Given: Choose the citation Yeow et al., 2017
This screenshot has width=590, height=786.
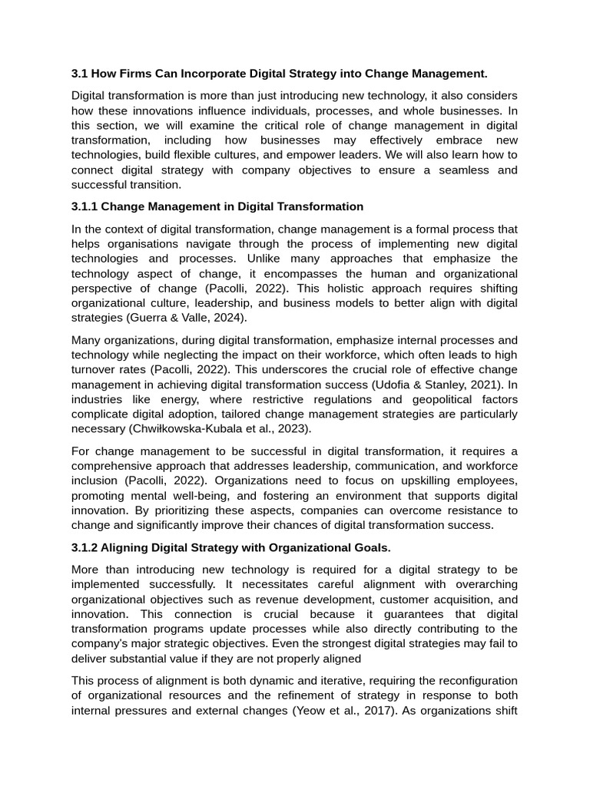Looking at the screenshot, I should click(x=335, y=710).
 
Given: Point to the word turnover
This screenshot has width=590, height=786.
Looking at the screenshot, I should click(x=94, y=370).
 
